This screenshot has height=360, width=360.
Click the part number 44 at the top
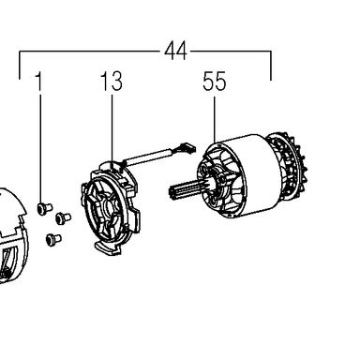(175, 51)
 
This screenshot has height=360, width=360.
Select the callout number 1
(38, 82)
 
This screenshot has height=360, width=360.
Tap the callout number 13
(112, 82)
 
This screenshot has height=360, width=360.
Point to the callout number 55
(214, 82)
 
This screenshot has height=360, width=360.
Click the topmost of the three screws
(44, 208)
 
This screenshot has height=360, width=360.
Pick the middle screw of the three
(63, 217)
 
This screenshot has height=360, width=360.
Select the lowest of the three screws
(53, 240)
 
